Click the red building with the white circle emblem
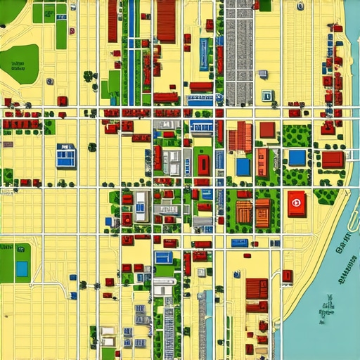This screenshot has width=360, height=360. coord(297,203)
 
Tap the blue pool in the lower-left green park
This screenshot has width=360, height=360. coord(22,269)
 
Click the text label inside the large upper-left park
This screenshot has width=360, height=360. coord(15,66)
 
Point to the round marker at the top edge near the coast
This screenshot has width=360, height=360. coord(300,6)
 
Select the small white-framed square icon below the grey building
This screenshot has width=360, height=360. coord(267,96)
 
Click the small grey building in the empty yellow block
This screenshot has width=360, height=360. coord(262,74)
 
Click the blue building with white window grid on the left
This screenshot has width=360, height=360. coord(66,155)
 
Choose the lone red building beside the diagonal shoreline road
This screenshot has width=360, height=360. coord(287,276)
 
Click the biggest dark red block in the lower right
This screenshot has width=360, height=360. coord(257,295)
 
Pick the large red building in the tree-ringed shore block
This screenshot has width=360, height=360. coord(333,160)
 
